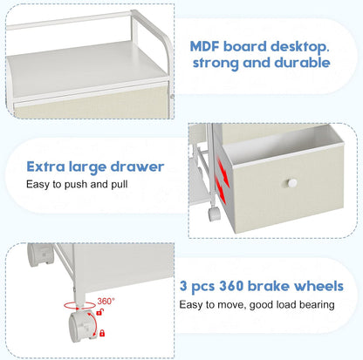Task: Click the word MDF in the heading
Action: [204, 46]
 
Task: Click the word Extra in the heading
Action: [45, 166]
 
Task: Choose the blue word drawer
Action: [137, 166]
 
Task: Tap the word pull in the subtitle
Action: [120, 185]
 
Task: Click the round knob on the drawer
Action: [291, 183]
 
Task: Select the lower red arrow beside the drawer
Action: [220, 189]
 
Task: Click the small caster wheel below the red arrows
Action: [214, 214]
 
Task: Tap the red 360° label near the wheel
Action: [106, 301]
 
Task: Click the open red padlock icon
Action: [99, 313]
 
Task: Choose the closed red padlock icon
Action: [102, 333]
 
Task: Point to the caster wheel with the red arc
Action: [82, 326]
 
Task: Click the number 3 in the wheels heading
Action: [183, 286]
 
